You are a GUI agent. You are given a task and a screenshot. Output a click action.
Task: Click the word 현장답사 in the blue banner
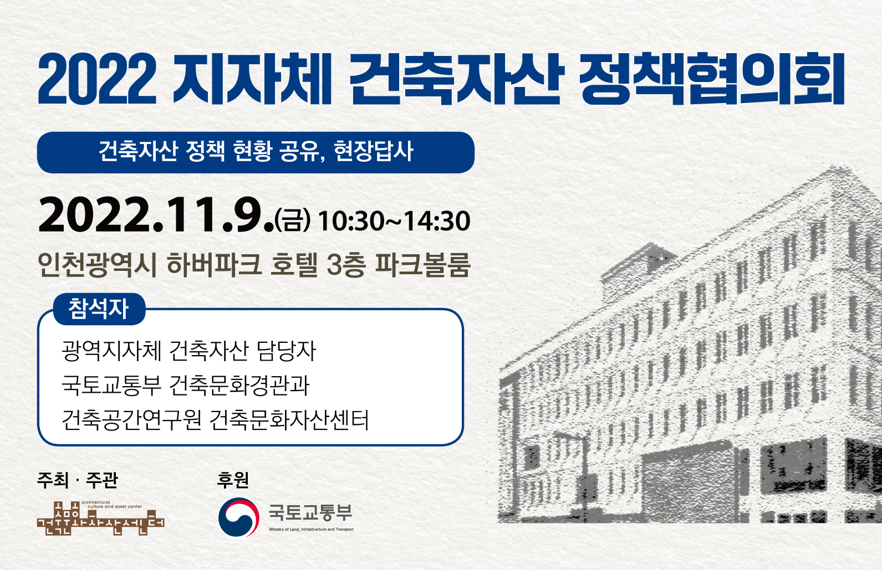(x=374, y=151)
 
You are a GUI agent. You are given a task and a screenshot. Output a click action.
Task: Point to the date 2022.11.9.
(x=156, y=215)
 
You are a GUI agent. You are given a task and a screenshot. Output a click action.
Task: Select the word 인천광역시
(x=97, y=264)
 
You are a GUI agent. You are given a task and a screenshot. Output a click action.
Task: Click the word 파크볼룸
(x=423, y=264)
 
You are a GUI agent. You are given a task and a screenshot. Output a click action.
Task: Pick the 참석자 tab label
(x=99, y=309)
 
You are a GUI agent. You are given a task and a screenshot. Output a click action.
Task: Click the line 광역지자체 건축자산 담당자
(x=188, y=351)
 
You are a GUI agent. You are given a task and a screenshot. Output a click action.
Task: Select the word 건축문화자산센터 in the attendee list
(x=289, y=420)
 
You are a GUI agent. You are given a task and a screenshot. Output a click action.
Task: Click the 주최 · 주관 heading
(x=78, y=480)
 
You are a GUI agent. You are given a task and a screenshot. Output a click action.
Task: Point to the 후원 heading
(x=233, y=480)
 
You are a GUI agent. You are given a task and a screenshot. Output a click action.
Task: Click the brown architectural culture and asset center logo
(x=101, y=518)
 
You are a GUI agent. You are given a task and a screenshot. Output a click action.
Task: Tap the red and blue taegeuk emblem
(x=238, y=517)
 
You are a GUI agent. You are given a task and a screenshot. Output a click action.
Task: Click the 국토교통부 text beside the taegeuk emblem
(x=310, y=512)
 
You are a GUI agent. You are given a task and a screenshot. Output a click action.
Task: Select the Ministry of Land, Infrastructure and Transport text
(x=311, y=530)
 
